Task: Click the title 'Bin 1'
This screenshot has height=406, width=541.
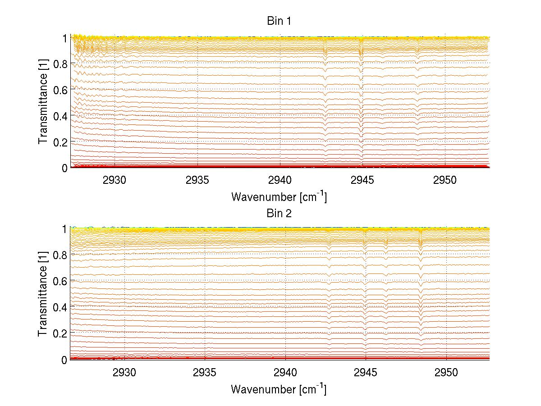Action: (x=279, y=21)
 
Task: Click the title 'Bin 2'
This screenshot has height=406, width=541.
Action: (x=279, y=213)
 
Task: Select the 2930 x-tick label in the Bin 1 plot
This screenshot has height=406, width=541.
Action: (x=115, y=180)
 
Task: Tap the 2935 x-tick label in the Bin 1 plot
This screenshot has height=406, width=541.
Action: (x=197, y=180)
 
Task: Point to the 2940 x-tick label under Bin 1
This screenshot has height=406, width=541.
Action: (x=280, y=180)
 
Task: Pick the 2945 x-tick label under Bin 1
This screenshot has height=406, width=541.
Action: (x=363, y=180)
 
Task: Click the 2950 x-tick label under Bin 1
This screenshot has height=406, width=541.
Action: (x=445, y=180)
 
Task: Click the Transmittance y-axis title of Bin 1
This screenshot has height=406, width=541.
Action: (x=43, y=103)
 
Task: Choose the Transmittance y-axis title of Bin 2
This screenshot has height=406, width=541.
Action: (x=43, y=295)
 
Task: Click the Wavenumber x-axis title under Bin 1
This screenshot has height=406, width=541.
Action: (x=279, y=196)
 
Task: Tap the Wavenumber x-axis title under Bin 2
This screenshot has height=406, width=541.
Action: (x=279, y=389)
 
